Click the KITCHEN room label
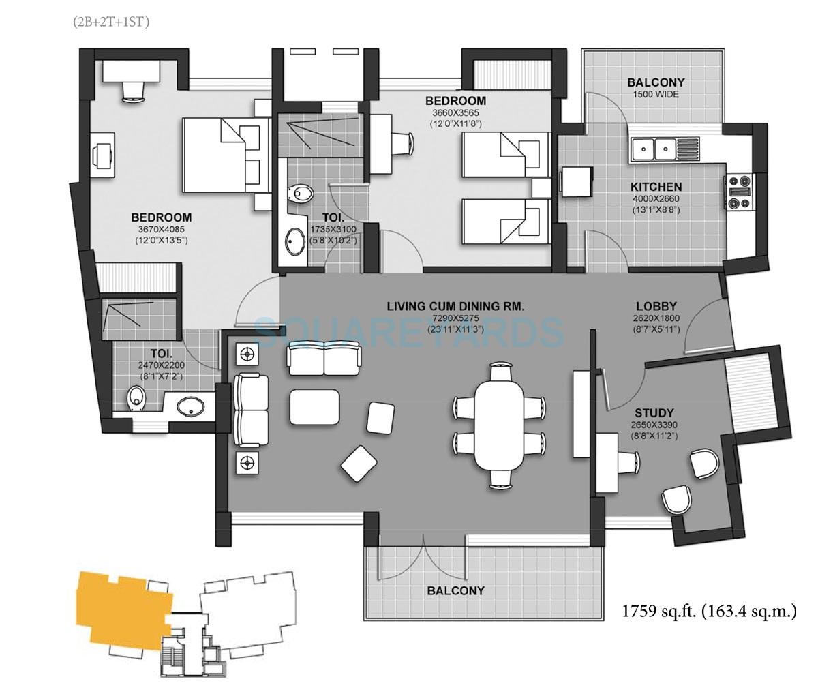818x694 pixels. click(655, 186)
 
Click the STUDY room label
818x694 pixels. click(654, 412)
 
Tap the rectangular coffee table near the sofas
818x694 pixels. click(314, 406)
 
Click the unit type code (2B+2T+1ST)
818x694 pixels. click(111, 22)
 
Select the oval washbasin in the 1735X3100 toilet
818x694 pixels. click(294, 242)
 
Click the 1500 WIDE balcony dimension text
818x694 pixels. click(656, 95)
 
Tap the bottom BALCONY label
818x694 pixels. click(456, 590)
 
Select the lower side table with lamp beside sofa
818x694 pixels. click(247, 464)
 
